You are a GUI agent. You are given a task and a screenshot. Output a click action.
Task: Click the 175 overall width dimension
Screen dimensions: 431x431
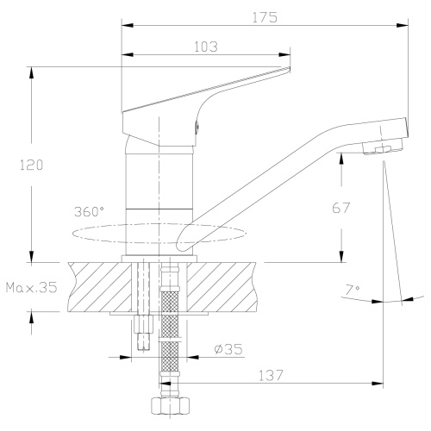(x=265, y=16)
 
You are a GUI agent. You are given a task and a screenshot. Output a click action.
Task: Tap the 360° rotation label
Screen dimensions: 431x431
(x=89, y=210)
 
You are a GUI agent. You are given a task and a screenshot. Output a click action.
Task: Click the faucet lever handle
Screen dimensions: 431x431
(x=207, y=95)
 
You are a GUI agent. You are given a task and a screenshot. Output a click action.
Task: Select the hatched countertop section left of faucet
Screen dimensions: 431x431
(x=95, y=286)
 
